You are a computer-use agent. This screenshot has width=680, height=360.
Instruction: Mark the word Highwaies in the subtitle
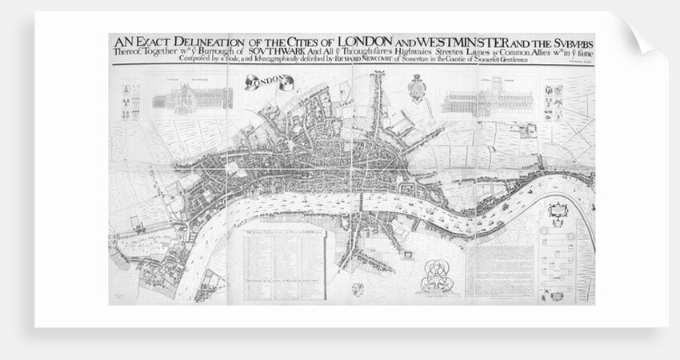coord(405,53)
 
